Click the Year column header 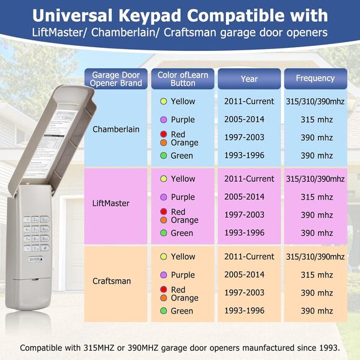(249, 79)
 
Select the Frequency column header (315, 79)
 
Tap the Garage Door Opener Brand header (117, 79)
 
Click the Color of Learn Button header (182, 79)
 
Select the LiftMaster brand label (112, 204)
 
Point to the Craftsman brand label (112, 281)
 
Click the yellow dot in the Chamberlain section (163, 101)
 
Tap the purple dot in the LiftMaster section (163, 197)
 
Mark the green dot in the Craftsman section (163, 311)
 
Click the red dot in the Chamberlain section (163, 134)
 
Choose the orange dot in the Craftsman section (163, 298)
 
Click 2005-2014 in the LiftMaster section (244, 197)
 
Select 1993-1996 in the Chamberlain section (244, 155)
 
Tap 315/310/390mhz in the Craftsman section (315, 256)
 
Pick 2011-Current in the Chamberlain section (249, 101)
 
